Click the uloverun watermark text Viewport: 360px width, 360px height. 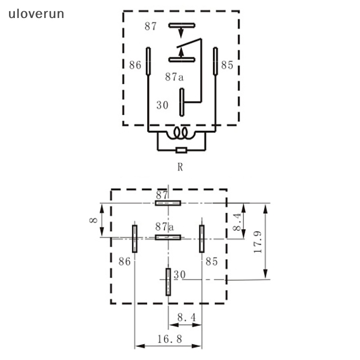[x=36, y=14]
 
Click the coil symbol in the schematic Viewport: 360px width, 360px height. [x=181, y=133]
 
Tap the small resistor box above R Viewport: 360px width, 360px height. [x=181, y=150]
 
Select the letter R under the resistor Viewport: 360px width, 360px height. [x=180, y=167]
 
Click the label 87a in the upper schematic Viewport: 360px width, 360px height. [x=174, y=77]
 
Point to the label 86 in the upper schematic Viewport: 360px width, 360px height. [x=135, y=65]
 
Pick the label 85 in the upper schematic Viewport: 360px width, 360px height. [x=227, y=65]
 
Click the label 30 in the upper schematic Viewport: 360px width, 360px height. [x=162, y=105]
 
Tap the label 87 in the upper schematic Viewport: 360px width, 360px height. [x=150, y=27]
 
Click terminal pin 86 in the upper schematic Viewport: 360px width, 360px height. [x=148, y=61]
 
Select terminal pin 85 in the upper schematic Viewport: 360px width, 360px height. [x=216, y=61]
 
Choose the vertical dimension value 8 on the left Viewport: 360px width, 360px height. [x=94, y=220]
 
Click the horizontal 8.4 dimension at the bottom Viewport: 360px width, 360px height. [x=186, y=318]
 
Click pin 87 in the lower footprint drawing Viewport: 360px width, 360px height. [x=168, y=203]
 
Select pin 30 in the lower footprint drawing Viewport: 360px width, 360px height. [x=168, y=282]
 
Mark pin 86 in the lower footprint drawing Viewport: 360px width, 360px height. [x=134, y=238]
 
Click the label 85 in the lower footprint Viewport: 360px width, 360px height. [x=211, y=261]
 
